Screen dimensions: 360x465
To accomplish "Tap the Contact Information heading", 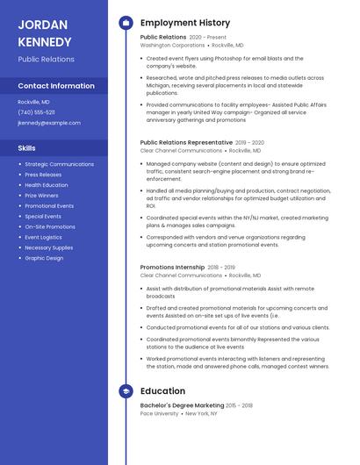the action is (x=56, y=86).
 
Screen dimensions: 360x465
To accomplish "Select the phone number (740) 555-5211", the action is (x=36, y=112).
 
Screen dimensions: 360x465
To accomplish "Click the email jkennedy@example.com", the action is (x=49, y=123).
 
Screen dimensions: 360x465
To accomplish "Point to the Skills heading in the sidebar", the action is (x=27, y=148).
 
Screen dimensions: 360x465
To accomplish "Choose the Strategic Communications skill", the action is (x=59, y=164).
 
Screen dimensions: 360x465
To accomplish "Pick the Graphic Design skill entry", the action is (x=44, y=258).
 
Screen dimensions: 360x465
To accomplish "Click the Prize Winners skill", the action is (x=43, y=196).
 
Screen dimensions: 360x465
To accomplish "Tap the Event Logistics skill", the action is (x=43, y=237).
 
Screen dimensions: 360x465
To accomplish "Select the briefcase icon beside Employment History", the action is (x=126, y=23).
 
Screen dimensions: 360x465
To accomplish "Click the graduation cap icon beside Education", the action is (x=126, y=391).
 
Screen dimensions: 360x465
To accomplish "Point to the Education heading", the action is (x=162, y=391).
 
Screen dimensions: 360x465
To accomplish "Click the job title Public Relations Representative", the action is (x=186, y=142).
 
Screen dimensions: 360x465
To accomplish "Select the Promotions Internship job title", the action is (x=172, y=268).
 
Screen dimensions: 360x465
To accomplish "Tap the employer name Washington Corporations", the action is (x=172, y=45).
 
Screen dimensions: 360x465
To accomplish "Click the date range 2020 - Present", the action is (x=207, y=38).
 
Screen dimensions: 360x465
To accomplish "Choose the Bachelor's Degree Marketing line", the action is (x=182, y=405).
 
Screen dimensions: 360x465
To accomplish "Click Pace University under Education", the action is (x=159, y=412).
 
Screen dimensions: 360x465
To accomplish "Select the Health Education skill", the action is (x=46, y=185).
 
